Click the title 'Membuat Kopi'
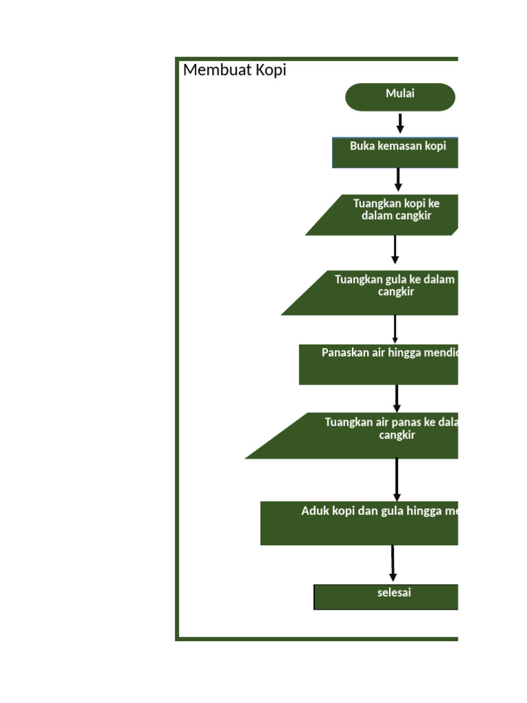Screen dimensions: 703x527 234,70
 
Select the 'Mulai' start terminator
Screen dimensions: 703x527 400,97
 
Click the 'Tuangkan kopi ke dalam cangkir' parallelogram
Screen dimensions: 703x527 391,215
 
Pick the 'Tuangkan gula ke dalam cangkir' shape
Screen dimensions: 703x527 384,293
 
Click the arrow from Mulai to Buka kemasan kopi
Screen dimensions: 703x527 400,124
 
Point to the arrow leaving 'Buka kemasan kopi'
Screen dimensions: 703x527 398,180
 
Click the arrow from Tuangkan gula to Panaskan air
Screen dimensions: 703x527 395,329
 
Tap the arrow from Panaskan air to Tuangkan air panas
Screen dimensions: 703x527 397,398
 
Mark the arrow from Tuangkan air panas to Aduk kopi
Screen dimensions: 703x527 397,479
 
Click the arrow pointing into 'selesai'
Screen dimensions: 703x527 393,564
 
